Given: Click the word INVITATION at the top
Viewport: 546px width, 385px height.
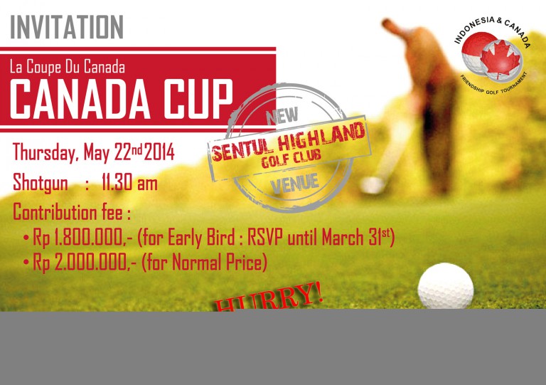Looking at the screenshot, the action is click(x=67, y=27).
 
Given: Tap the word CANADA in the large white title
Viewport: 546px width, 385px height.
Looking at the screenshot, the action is click(x=80, y=99).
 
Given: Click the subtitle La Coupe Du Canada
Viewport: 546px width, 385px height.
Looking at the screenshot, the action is click(x=68, y=67).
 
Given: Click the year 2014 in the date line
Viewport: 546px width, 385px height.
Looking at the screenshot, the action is click(x=159, y=152).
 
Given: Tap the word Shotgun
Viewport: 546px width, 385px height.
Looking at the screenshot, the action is click(x=41, y=183).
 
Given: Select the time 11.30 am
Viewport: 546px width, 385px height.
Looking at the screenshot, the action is click(x=129, y=182).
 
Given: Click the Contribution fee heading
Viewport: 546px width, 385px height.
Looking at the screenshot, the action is click(x=72, y=212).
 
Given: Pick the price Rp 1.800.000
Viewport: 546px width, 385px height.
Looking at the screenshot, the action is click(x=82, y=238).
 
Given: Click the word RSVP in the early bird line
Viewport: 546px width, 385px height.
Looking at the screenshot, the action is click(x=265, y=238).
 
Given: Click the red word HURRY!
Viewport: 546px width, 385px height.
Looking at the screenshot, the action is click(x=269, y=298).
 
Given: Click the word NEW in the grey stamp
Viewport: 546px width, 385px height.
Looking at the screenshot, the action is click(x=282, y=116).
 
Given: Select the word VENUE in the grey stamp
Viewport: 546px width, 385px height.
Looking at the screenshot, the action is click(x=294, y=184).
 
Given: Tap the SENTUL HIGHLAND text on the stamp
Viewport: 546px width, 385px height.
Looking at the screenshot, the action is click(x=289, y=142).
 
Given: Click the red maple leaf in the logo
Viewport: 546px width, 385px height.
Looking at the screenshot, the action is click(x=500, y=60).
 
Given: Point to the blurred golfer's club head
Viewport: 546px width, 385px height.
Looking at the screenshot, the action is click(x=372, y=185).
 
